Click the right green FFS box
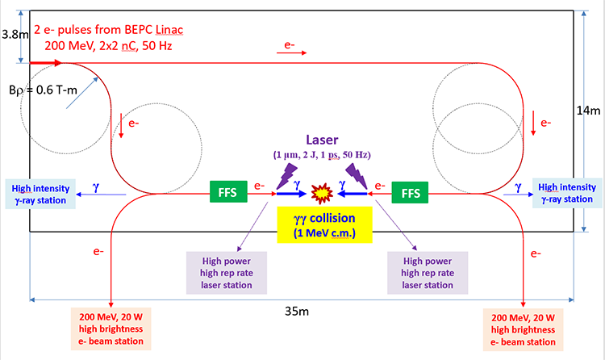(410, 194)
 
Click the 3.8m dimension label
(14, 35)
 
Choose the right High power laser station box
(426, 270)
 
